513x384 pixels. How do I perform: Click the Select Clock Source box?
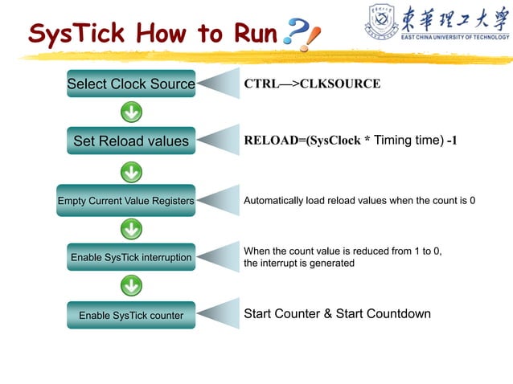coord(130,84)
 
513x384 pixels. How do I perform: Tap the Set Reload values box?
coord(130,141)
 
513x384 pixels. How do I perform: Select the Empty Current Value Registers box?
coord(126,200)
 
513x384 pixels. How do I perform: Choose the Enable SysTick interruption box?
coord(130,257)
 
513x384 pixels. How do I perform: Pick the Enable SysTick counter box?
coord(130,315)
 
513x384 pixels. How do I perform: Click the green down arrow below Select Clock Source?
coord(131,112)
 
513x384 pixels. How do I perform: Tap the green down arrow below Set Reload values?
coord(131,170)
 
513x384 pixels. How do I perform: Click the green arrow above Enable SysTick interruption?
coord(131,229)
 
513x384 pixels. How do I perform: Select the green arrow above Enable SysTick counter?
coord(131,285)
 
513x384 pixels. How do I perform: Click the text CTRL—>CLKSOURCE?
coord(312,84)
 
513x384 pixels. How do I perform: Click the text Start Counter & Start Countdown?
coord(337,314)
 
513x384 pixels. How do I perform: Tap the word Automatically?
coord(274,200)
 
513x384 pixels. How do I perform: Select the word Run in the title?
coord(256,33)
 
